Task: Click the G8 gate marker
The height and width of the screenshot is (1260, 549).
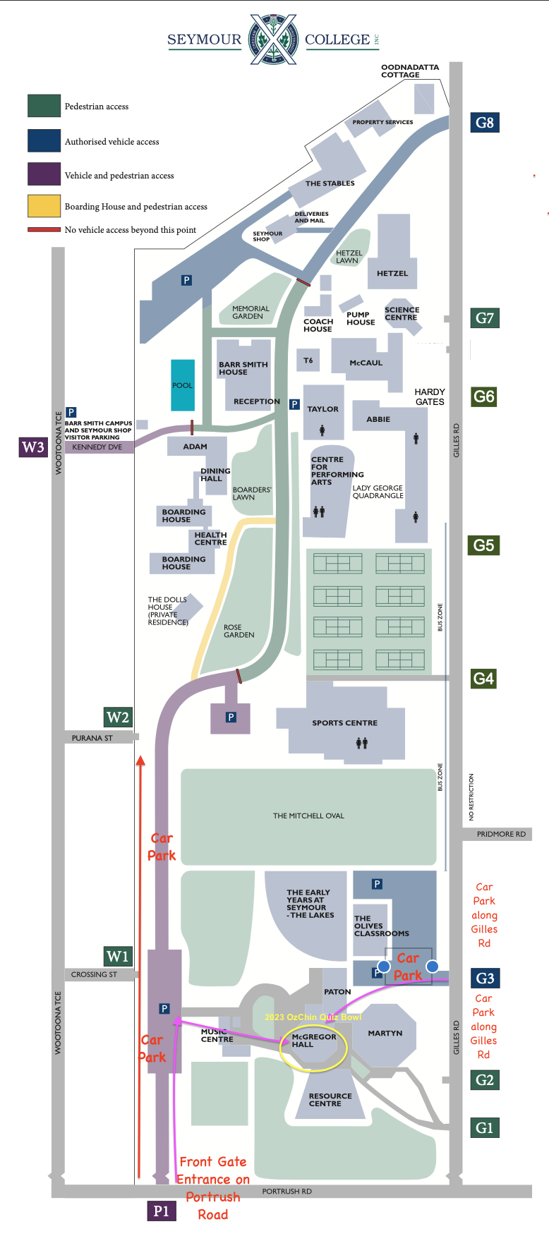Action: (485, 123)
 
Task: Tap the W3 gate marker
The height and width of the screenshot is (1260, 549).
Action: (33, 447)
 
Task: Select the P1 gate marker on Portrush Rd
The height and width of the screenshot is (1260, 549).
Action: (161, 1211)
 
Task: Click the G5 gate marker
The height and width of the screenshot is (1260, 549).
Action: (483, 545)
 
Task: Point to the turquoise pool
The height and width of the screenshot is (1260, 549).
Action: (183, 385)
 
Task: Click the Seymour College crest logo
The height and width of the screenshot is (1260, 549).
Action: (273, 40)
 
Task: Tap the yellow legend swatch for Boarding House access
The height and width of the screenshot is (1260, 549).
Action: (44, 206)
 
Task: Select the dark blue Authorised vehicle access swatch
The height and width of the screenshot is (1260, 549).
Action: (44, 141)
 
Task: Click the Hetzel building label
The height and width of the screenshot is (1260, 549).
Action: (392, 273)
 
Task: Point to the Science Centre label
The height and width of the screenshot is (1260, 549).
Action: (402, 314)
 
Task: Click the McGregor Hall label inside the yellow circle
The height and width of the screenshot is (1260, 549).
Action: (313, 1041)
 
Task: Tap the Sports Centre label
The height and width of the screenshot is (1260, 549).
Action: (344, 723)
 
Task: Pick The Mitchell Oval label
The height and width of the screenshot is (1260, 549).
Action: (308, 816)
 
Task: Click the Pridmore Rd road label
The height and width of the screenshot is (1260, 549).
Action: (501, 834)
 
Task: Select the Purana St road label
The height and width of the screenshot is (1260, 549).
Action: (92, 738)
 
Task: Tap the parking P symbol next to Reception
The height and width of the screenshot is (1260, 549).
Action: (294, 404)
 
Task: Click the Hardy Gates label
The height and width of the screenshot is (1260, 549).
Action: (430, 396)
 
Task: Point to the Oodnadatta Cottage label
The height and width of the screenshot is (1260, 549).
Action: (409, 71)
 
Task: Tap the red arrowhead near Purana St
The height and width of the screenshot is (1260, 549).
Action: (140, 761)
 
